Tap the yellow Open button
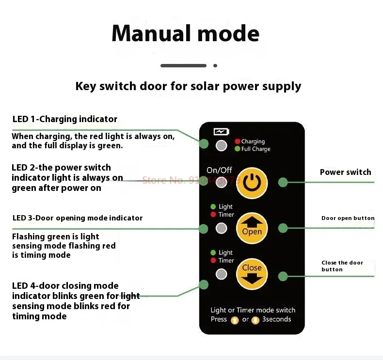point(252,228)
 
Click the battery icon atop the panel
point(221,131)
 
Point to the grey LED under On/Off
point(222,183)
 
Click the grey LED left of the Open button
point(222,228)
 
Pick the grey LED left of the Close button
point(222,274)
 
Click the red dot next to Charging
point(238,141)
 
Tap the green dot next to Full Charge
point(238,149)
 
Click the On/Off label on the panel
point(219,170)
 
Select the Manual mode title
point(185,33)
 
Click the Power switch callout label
point(345,172)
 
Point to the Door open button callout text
point(348,218)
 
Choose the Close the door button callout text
point(342,266)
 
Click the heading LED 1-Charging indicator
point(64,119)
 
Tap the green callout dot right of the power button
point(283,182)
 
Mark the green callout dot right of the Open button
point(283,228)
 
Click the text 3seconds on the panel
point(277,319)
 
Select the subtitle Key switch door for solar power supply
point(188,86)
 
